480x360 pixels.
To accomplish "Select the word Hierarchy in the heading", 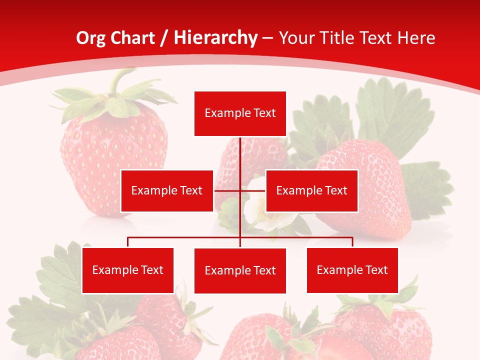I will click(215, 38).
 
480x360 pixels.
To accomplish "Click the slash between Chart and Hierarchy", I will click(164, 38).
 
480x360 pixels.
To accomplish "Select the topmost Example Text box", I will click(240, 113).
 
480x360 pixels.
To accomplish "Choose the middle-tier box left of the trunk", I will click(167, 190).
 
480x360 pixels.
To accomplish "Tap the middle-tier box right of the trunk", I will click(311, 190).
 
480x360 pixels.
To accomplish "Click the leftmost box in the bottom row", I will click(128, 270).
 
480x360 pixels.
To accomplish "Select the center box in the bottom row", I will click(240, 270).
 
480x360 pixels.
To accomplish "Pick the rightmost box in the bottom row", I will click(352, 270).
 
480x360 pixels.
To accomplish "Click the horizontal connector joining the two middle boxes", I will click(227, 190).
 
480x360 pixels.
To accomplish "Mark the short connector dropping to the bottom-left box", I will click(128, 242).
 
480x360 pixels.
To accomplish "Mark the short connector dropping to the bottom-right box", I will click(352, 242).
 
